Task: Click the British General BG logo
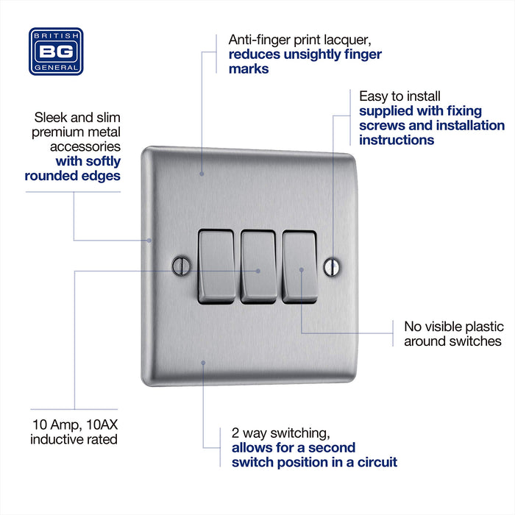(56, 51)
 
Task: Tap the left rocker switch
(216, 266)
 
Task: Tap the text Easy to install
(399, 96)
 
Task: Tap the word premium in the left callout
(61, 132)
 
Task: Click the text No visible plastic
(453, 327)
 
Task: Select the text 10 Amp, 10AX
(73, 425)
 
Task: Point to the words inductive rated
(74, 439)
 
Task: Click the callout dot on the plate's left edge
(149, 240)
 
